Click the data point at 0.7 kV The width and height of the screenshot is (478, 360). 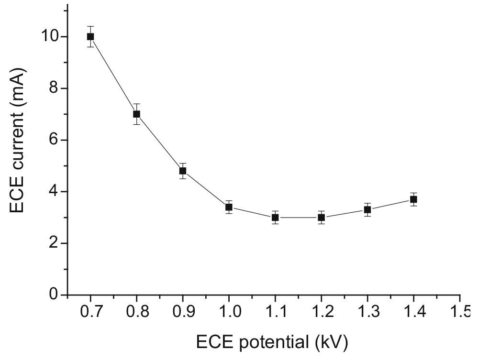click(90, 36)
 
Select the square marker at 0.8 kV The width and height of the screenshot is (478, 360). click(136, 114)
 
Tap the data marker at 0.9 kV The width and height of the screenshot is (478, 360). click(183, 171)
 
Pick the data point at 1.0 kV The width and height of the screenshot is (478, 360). click(229, 207)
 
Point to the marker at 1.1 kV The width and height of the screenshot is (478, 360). click(275, 218)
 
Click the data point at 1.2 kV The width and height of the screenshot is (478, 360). click(322, 218)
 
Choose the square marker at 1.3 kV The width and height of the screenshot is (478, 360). click(367, 209)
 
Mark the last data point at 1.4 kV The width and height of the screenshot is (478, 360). click(414, 199)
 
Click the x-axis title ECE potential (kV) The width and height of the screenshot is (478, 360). click(272, 342)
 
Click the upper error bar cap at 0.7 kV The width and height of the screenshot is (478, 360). click(90, 26)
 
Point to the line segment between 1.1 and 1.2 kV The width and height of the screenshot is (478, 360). click(299, 218)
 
